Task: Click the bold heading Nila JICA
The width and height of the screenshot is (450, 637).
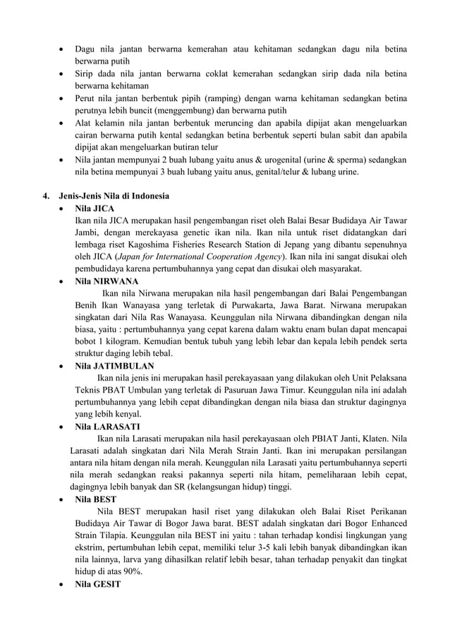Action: [95, 209]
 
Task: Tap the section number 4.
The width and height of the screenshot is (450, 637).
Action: [44, 196]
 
